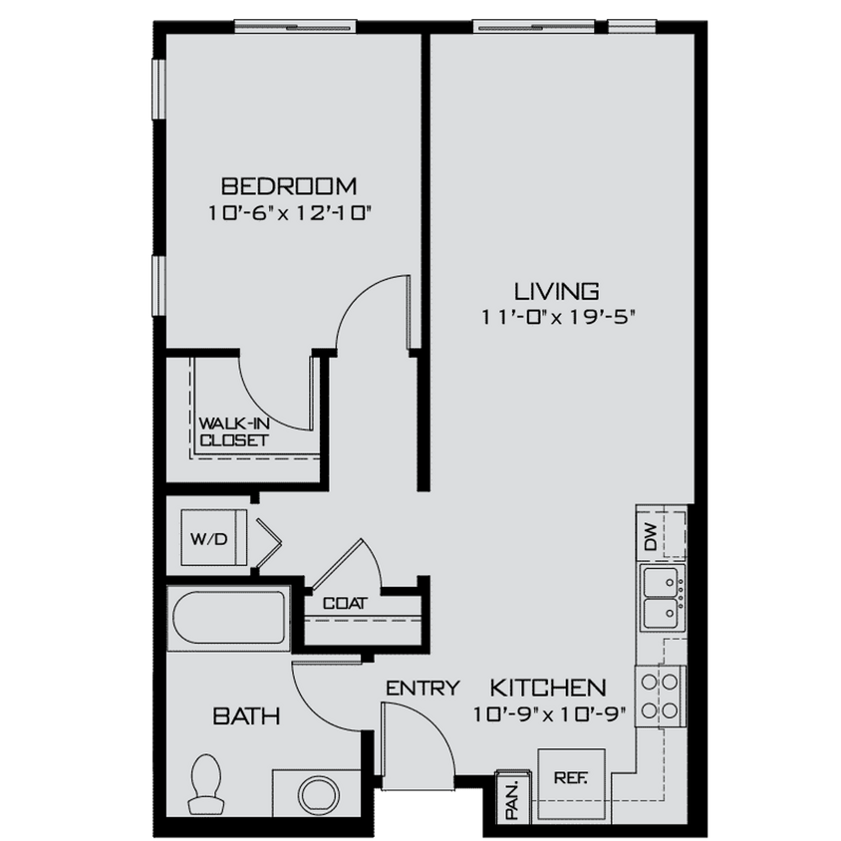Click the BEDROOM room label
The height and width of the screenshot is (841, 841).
tap(289, 186)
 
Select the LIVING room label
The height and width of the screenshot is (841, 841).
tap(556, 292)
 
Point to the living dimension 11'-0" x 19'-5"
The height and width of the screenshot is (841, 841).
tap(556, 318)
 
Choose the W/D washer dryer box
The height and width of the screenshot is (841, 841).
tap(210, 538)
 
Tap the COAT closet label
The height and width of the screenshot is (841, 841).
tap(345, 603)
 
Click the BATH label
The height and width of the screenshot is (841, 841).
tap(245, 715)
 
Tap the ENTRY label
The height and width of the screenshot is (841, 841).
tap(422, 688)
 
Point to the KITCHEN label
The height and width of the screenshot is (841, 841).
tap(548, 688)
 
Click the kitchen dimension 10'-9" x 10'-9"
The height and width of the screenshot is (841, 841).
tap(548, 714)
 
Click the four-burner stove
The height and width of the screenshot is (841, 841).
tap(662, 696)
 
